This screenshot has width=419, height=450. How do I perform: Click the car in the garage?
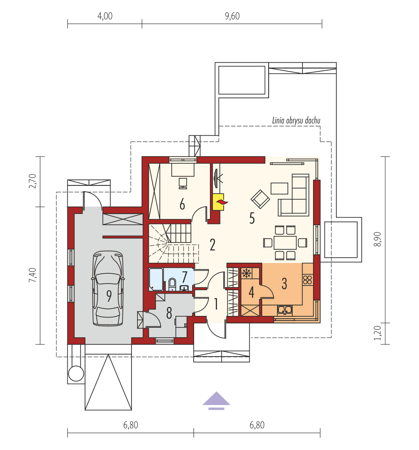[x=108, y=289]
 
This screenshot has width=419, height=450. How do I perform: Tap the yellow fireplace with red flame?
[x=219, y=202]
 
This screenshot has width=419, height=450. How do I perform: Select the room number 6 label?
[x=182, y=204]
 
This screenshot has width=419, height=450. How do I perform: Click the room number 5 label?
[x=252, y=218]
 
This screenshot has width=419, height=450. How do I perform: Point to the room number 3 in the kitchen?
[x=284, y=283]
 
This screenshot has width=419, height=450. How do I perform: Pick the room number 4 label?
[x=251, y=292]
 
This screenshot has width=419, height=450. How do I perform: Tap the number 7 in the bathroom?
[x=184, y=277]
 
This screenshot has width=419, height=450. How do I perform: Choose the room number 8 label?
[x=169, y=313]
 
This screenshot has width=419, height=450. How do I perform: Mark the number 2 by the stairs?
[x=212, y=245]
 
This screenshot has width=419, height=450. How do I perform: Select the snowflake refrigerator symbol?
[x=247, y=273]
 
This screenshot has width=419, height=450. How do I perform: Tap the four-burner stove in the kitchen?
[x=308, y=280]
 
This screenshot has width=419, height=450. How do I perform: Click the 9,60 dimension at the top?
[x=232, y=16]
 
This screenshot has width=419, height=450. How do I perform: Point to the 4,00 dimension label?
[x=105, y=16]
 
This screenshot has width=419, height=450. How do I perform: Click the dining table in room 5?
[x=285, y=241]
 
